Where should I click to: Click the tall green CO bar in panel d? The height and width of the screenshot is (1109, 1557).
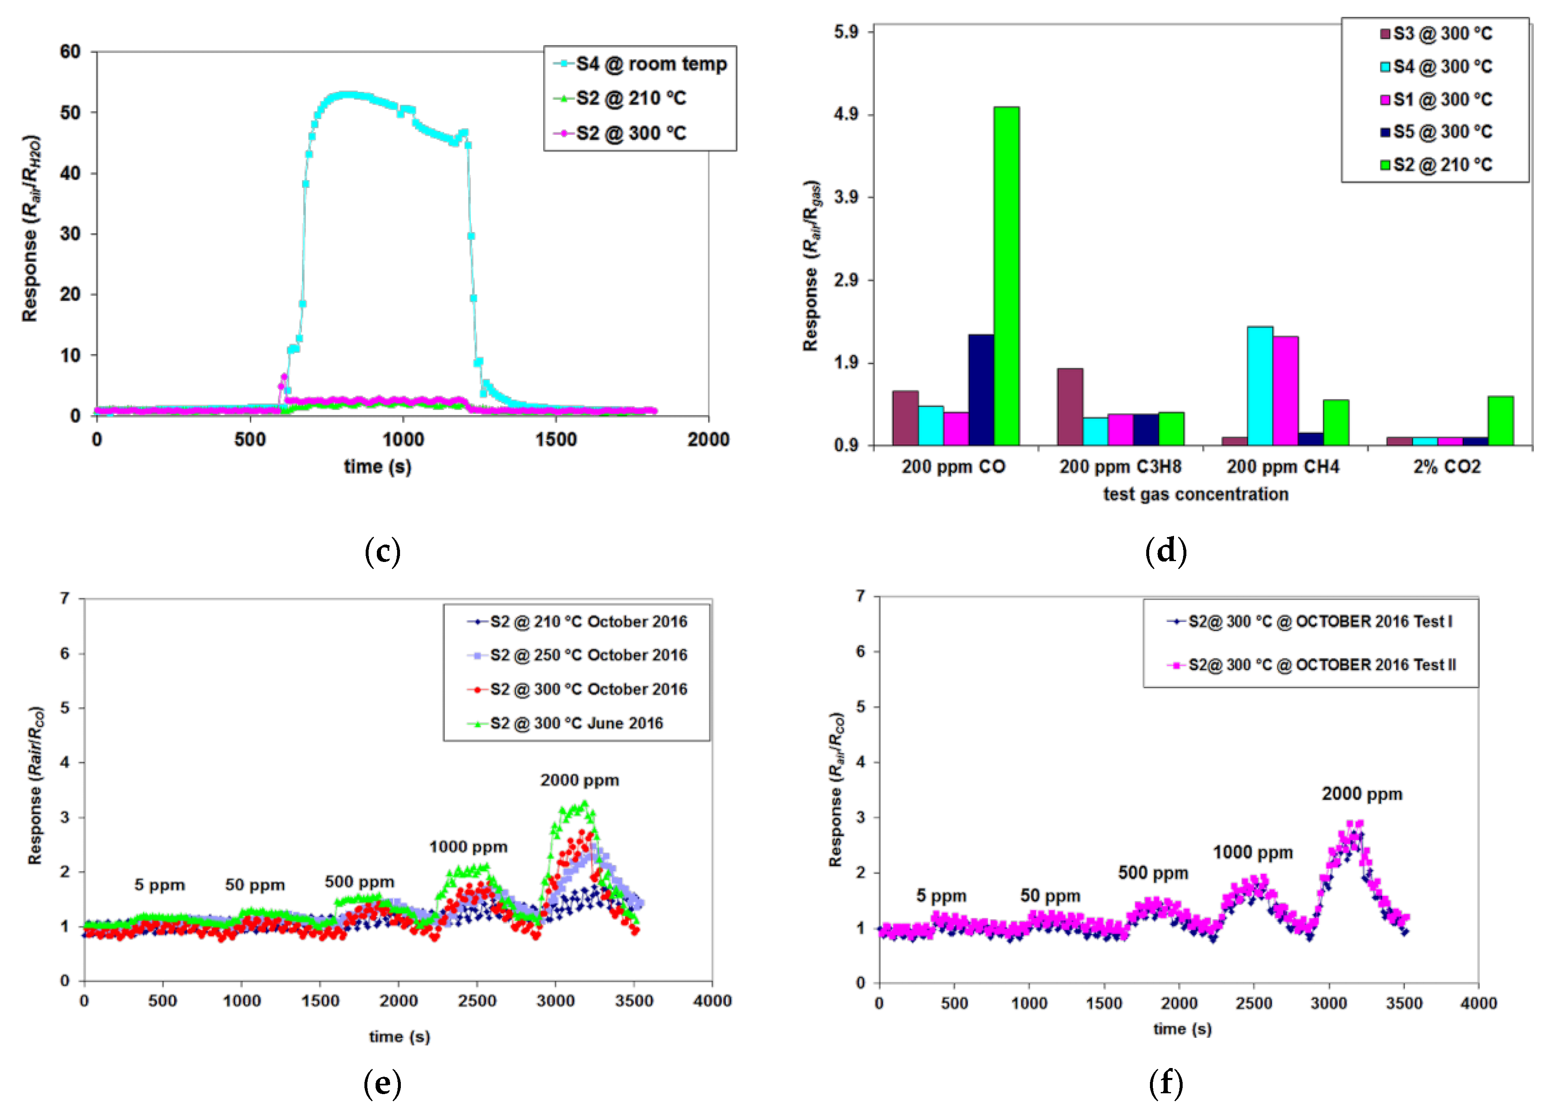(1006, 276)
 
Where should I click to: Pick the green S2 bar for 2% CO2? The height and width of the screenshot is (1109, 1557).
(1500, 421)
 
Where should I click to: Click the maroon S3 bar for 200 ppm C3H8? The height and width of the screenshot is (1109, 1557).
(1070, 407)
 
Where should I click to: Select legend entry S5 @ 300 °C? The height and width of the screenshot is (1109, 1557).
(1442, 132)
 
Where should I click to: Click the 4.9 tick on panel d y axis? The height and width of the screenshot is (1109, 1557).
(846, 114)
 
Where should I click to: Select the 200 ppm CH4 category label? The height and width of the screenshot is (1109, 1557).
(1283, 467)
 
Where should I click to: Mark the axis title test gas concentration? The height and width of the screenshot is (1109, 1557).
(1195, 494)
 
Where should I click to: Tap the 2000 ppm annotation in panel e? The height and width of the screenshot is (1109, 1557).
(580, 780)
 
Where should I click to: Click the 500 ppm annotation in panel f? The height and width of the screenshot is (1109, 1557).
(1153, 873)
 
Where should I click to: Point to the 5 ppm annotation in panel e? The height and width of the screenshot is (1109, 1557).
(159, 885)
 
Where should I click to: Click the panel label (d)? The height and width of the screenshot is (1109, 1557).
(1165, 550)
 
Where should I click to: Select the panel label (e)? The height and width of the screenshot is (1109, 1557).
(382, 1083)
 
